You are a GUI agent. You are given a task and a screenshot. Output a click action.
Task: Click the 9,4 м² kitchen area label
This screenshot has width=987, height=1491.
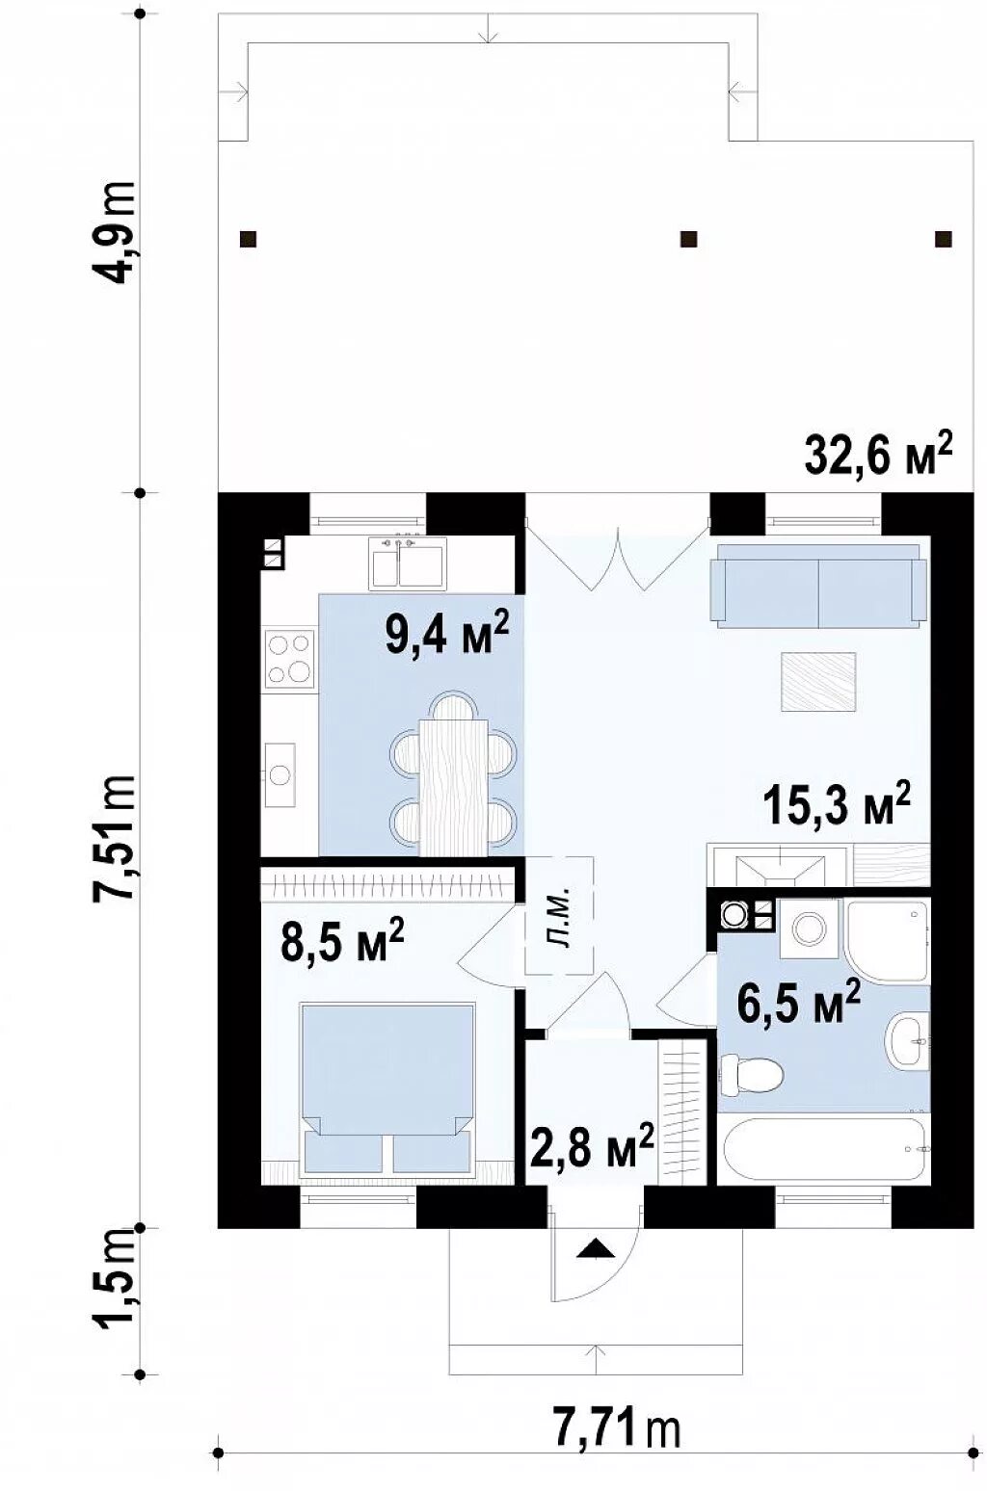coord(447,633)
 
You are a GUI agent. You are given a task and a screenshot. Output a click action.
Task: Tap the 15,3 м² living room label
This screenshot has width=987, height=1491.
coord(837,803)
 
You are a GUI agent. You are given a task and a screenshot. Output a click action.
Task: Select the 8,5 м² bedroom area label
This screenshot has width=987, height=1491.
coord(342,939)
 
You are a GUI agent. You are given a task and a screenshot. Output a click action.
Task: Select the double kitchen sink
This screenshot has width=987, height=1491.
coord(409,564)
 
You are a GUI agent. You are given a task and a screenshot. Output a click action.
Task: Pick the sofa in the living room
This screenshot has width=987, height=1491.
coord(818,586)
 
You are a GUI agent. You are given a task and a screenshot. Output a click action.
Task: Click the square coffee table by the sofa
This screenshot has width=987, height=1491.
coord(818,682)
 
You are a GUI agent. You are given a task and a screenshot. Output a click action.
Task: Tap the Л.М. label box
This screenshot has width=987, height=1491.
coord(559,915)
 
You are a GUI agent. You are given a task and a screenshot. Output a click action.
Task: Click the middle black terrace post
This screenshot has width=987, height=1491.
coord(688,239)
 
